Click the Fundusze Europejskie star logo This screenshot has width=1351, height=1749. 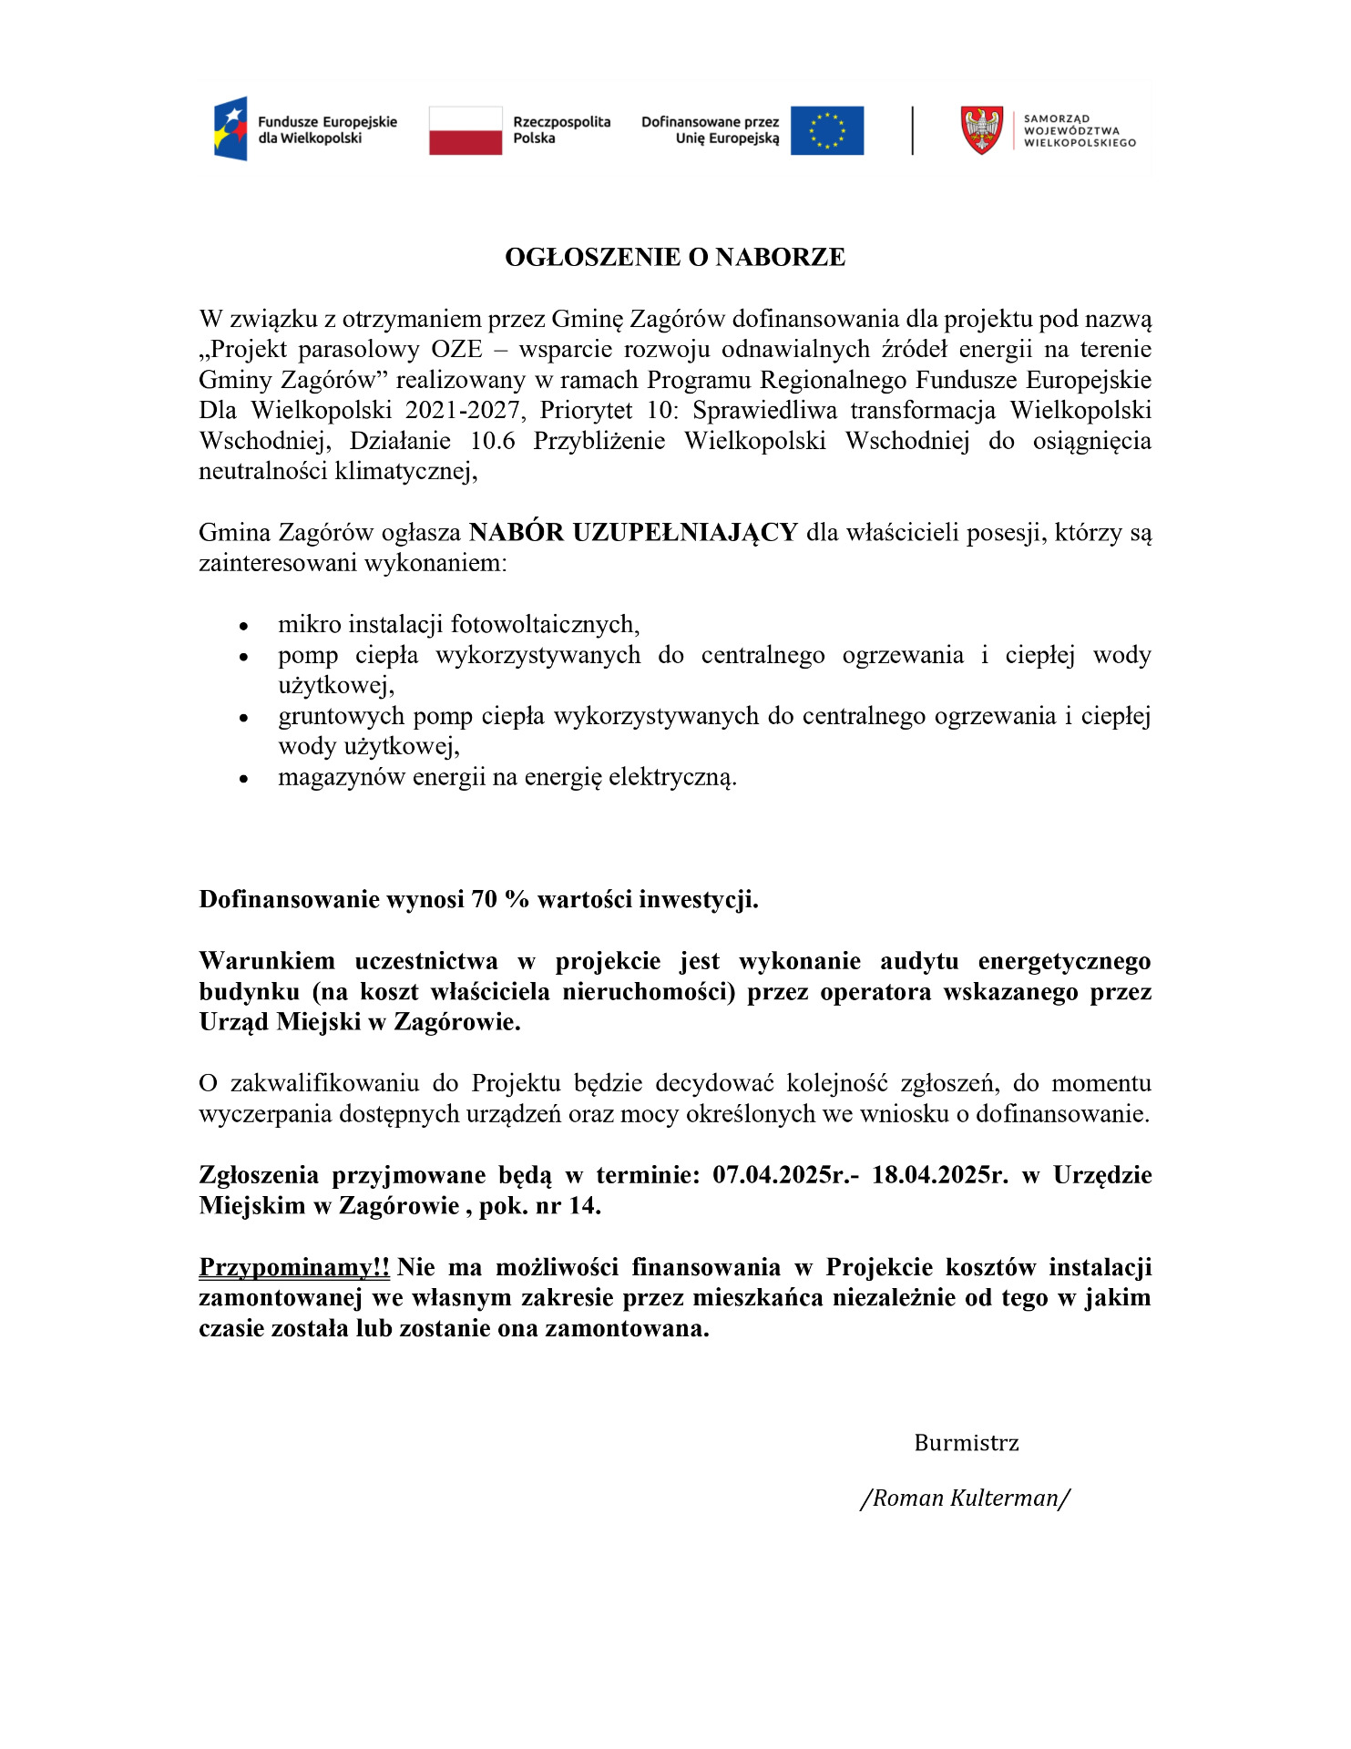[230, 128]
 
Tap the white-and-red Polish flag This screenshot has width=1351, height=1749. [466, 130]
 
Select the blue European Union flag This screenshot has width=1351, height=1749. [826, 130]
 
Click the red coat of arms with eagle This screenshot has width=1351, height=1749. [982, 130]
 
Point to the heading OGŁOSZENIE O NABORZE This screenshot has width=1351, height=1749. [675, 258]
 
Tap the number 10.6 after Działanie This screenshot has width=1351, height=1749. [492, 442]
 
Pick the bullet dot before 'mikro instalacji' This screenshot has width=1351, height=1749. [243, 627]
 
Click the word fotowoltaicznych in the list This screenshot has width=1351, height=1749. [545, 625]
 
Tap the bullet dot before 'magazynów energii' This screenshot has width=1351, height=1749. [243, 780]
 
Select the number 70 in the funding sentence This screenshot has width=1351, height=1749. [484, 900]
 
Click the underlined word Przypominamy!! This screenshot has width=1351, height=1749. [294, 1267]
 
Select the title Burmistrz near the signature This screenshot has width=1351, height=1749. [967, 1443]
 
